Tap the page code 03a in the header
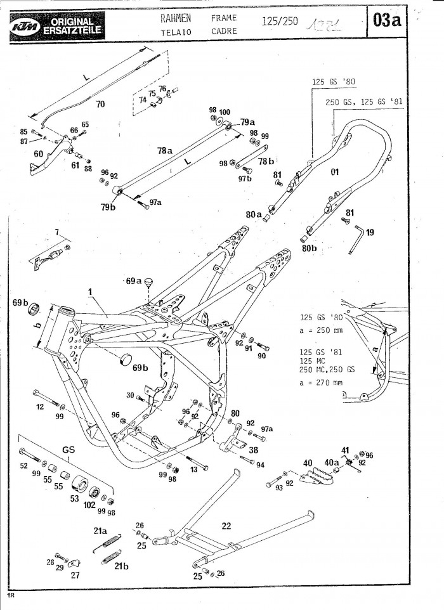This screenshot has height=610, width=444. pos(386,21)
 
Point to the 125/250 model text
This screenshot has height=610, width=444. pos(278,22)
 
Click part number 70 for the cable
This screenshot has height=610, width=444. pos(100,103)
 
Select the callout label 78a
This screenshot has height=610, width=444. pos(165,151)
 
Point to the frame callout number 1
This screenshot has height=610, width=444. pos(90,293)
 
